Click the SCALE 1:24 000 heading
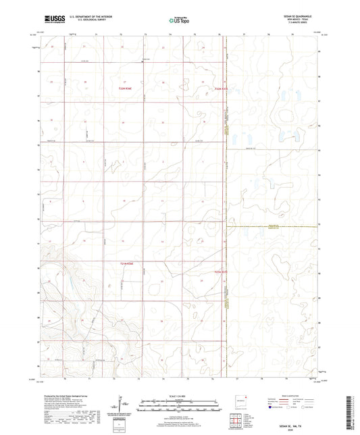click(x=178, y=396)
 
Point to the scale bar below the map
click(x=178, y=406)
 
